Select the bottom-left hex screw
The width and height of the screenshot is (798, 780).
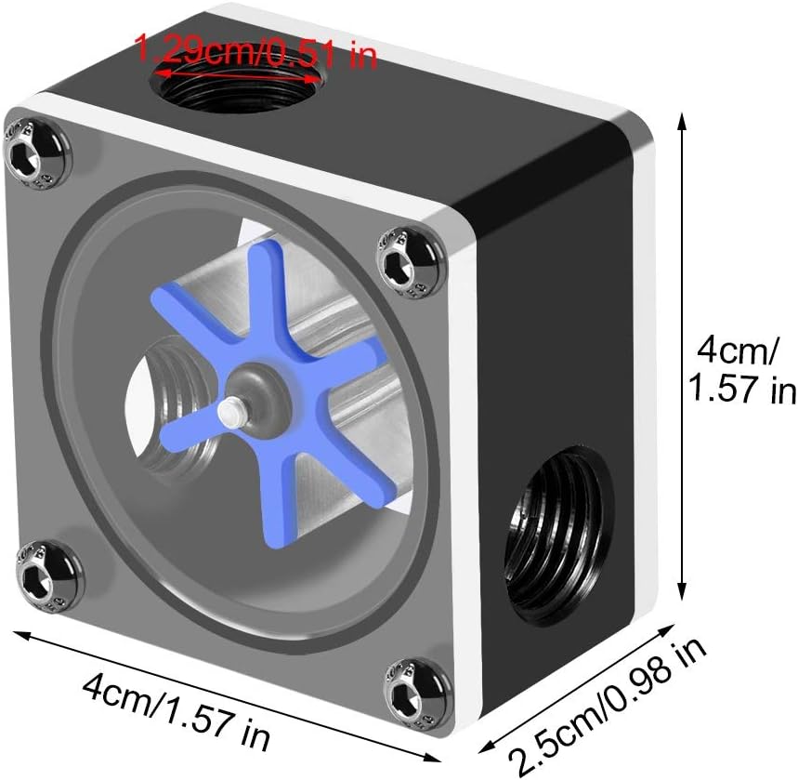(41, 570)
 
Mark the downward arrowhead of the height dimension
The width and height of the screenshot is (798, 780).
(686, 595)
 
